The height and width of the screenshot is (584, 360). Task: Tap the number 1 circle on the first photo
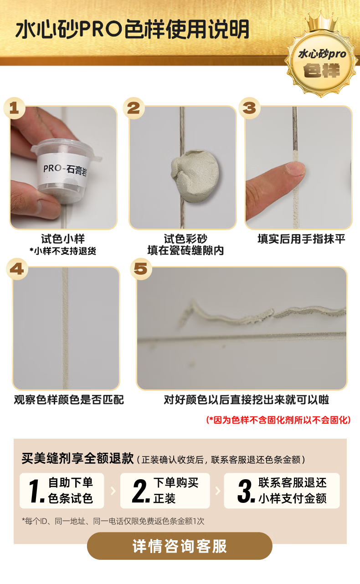[14, 108]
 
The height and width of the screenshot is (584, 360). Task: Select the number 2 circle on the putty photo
[134, 108]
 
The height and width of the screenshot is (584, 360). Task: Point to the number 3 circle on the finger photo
[249, 108]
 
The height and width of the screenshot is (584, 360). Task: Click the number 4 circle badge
[17, 269]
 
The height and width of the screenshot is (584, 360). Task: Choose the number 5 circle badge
[141, 269]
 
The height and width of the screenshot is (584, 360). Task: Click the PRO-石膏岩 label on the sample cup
[64, 169]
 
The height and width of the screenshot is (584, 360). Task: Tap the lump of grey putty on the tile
[195, 176]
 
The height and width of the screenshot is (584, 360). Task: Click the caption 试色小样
[63, 239]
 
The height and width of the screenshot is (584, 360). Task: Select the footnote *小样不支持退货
[63, 251]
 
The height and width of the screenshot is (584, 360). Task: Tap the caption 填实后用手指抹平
[301, 239]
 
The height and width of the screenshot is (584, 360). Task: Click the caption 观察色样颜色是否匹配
[69, 400]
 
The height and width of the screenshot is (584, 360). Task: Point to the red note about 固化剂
[278, 420]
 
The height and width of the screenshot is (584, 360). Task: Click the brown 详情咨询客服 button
[180, 546]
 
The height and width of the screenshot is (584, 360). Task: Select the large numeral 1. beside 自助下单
[36, 491]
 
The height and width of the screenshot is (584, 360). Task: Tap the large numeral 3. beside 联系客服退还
[246, 491]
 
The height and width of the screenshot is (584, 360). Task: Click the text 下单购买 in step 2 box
[176, 482]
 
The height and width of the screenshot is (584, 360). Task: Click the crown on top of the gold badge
[322, 22]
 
